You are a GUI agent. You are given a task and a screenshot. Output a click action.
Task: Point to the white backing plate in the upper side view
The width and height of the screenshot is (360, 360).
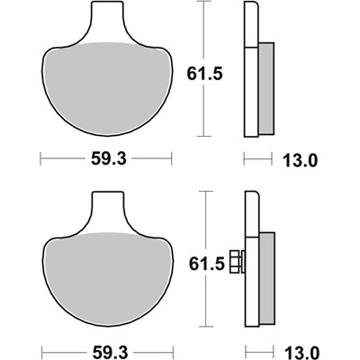point(249,72)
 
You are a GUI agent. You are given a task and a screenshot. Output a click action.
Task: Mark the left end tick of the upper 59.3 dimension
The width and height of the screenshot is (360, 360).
point(42,161)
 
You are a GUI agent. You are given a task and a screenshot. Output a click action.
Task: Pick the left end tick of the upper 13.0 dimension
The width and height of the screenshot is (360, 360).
point(245,161)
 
